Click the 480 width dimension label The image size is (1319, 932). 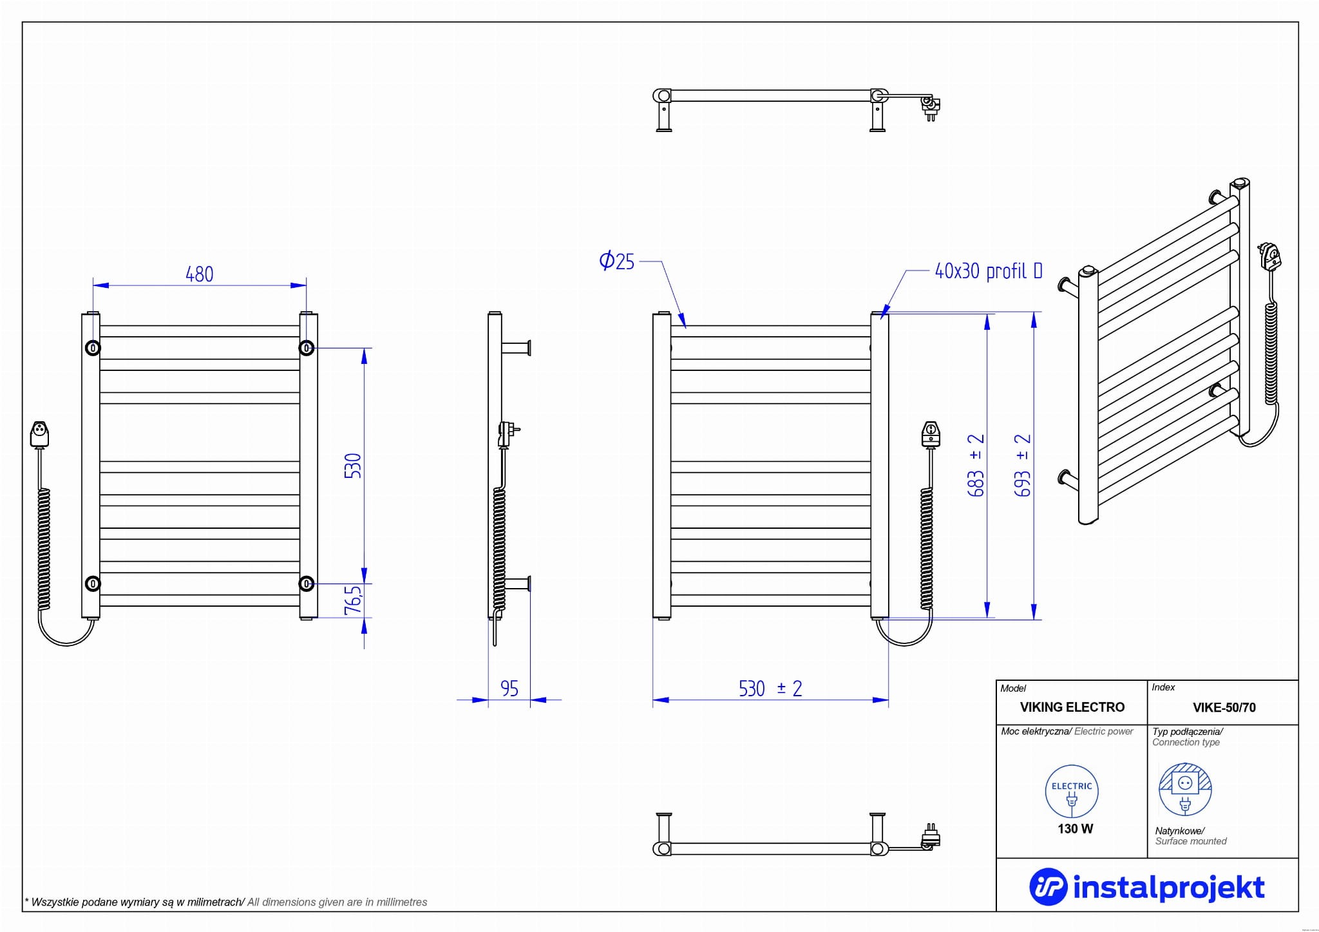pos(199,274)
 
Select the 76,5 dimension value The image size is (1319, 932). pos(353,600)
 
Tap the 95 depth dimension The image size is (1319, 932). pos(509,689)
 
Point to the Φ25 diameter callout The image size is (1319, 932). pos(617,262)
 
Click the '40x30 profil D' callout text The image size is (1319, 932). pos(988,271)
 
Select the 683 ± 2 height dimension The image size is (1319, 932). pos(976,465)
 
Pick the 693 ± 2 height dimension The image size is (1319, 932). pos(1023,465)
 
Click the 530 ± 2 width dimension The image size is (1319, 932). pos(770,689)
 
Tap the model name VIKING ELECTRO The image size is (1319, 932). pos(1072,707)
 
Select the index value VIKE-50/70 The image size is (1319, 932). pos(1224,708)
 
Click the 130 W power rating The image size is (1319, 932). pos(1075,829)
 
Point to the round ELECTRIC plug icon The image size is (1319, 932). pos(1072,792)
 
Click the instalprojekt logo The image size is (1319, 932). pos(1147,887)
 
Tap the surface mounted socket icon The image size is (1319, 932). pos(1185,790)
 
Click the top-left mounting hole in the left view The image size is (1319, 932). pos(93,348)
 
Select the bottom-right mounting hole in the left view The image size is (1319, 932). pos(307,584)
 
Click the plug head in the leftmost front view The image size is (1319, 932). pos(40,433)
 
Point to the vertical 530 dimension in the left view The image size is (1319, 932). pos(353,466)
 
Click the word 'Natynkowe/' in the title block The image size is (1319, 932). pos(1179,831)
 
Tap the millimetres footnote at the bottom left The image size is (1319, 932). pos(225,902)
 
